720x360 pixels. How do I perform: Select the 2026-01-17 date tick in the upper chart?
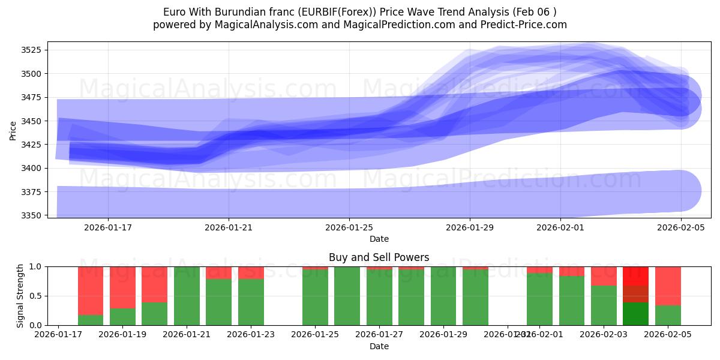pos(108,227)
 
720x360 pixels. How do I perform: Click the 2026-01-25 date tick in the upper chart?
pos(349,227)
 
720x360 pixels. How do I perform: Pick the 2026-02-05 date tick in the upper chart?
pos(680,227)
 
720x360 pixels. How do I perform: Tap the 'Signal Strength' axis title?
pos(20,296)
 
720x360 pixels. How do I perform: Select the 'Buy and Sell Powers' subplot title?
pos(379,257)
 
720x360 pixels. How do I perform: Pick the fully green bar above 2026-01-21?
pos(187,296)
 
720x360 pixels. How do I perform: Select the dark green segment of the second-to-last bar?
pos(635,314)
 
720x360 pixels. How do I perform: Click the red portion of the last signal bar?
pos(668,286)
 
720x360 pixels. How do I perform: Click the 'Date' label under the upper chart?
pos(379,239)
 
